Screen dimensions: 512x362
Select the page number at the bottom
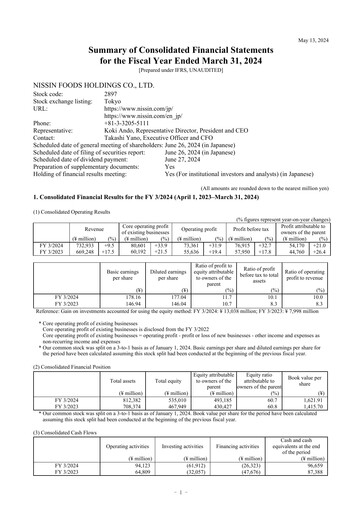pyautogui.click(x=181, y=493)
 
